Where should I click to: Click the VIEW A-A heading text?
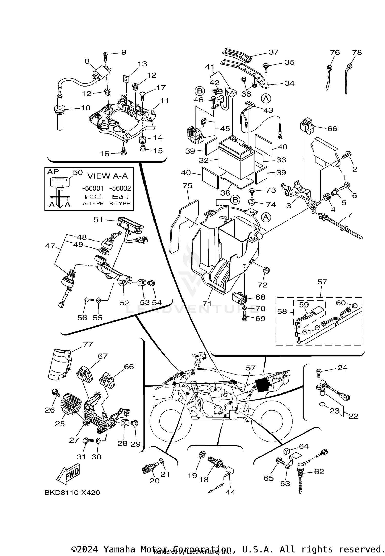107,176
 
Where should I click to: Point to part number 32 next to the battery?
204,160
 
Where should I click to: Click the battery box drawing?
236,159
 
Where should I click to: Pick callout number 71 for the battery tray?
207,304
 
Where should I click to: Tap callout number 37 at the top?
274,52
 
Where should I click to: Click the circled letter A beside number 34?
266,98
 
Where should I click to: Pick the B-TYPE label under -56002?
120,203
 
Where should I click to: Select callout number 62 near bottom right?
319,472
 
